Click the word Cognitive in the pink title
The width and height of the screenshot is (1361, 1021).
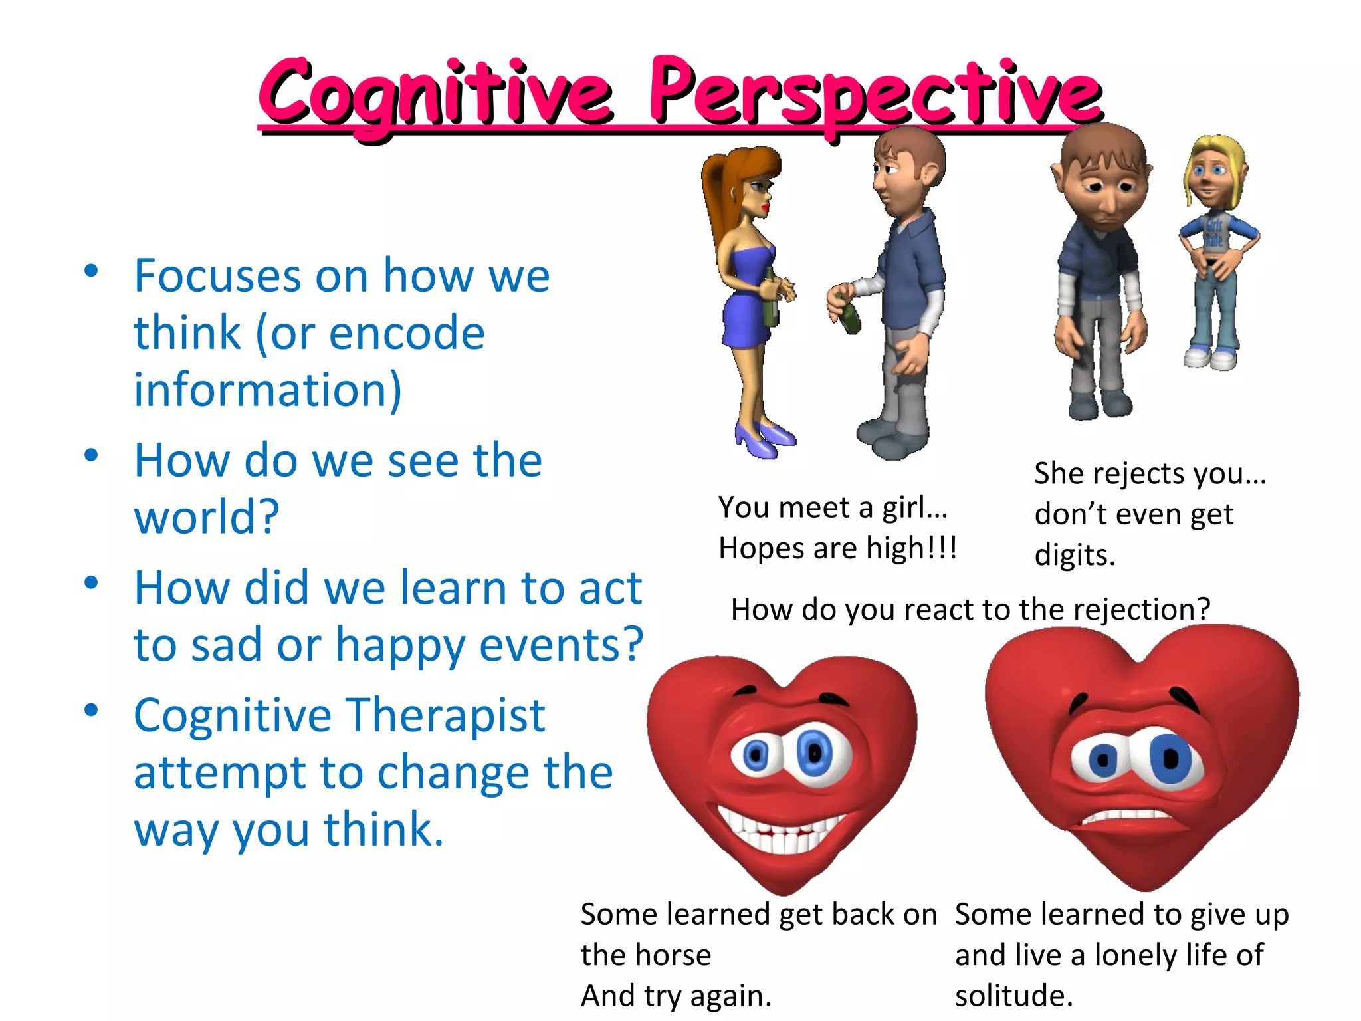click(x=435, y=93)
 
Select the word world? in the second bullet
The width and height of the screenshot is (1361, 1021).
click(x=207, y=516)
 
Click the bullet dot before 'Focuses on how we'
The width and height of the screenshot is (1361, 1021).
click(x=92, y=271)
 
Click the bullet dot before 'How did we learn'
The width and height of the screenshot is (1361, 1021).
click(x=92, y=583)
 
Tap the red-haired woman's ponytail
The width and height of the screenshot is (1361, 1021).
click(x=718, y=199)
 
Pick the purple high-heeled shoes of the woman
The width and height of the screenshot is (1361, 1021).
click(x=764, y=439)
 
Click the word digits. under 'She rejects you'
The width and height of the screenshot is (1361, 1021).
click(x=1074, y=555)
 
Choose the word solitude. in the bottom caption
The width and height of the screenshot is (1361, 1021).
click(x=1013, y=996)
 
